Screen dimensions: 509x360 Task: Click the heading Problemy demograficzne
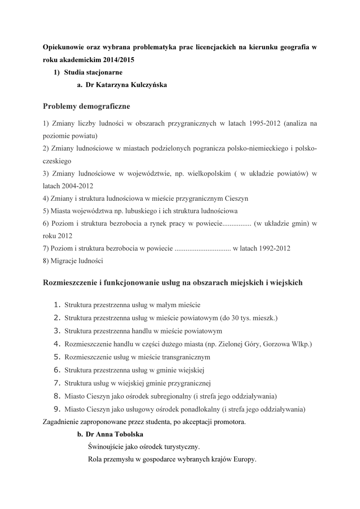coord(87,106)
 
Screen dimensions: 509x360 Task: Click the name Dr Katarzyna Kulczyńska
coord(126,85)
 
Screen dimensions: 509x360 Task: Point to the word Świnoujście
coord(105,447)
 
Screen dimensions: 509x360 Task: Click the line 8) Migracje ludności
coord(73,261)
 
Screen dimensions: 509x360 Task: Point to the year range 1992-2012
coord(273,248)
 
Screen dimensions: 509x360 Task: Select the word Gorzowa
coord(276,344)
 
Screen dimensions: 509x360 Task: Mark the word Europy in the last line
coord(245,459)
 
